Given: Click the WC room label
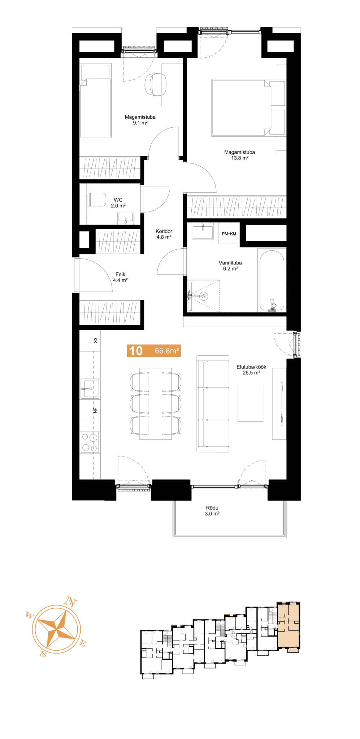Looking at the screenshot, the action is (x=118, y=200).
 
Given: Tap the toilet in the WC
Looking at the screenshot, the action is (x=96, y=200).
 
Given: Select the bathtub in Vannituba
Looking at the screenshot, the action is (x=272, y=280).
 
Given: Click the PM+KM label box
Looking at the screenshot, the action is (x=229, y=234).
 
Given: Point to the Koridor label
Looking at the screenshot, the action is (x=164, y=231).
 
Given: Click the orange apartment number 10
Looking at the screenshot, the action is (x=136, y=351).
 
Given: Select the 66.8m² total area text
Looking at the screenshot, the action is (x=167, y=351).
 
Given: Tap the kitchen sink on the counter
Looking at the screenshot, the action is (x=90, y=388).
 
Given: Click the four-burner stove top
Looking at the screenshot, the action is (x=90, y=442).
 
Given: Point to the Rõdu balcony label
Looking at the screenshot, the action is (x=212, y=508).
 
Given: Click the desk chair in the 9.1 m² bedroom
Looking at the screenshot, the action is (x=156, y=84).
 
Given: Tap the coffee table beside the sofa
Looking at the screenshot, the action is (x=250, y=404).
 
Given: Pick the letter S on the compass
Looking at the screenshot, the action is (x=43, y=654).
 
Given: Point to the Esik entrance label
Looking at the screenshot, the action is (x=120, y=275).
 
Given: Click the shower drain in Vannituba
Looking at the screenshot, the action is (x=204, y=296).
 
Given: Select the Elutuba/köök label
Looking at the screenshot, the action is (x=251, y=367).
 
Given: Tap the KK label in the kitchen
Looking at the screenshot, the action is (x=95, y=340).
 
